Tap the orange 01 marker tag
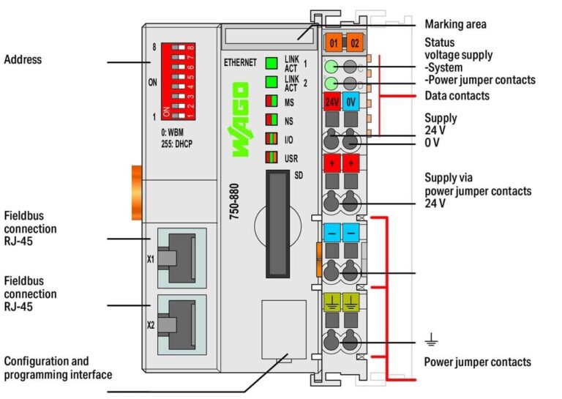332,42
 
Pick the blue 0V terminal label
352,101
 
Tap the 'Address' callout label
23,59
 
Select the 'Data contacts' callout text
457,96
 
